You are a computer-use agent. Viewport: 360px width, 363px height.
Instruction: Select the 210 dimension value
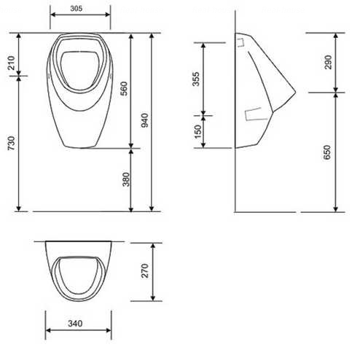[x=9, y=63]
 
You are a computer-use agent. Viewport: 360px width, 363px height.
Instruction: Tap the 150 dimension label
[x=195, y=131]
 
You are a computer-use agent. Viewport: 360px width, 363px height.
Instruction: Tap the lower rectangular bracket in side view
[x=255, y=113]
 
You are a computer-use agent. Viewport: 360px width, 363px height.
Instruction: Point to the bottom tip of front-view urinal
[x=79, y=145]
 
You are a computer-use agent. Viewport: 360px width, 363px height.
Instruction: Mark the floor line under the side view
[x=266, y=211]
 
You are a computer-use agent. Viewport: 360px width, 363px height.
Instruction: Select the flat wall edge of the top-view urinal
[x=79, y=241]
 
